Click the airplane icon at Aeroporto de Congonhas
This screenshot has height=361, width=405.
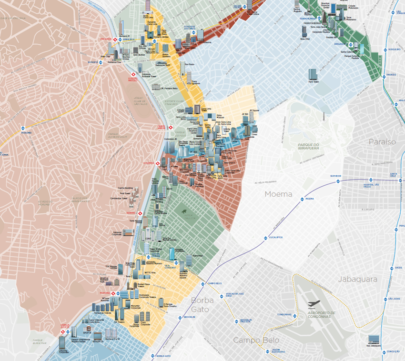click(x=314, y=304)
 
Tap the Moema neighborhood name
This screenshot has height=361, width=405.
click(x=278, y=194)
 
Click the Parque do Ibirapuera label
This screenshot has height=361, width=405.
click(x=308, y=146)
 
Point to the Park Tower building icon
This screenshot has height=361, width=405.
click(x=313, y=74)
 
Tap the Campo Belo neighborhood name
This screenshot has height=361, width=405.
click(x=256, y=340)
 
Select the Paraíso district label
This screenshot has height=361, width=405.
click(x=382, y=142)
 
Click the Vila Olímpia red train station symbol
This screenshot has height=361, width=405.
click(x=158, y=163)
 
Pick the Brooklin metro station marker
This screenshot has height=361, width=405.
click(x=179, y=317)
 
